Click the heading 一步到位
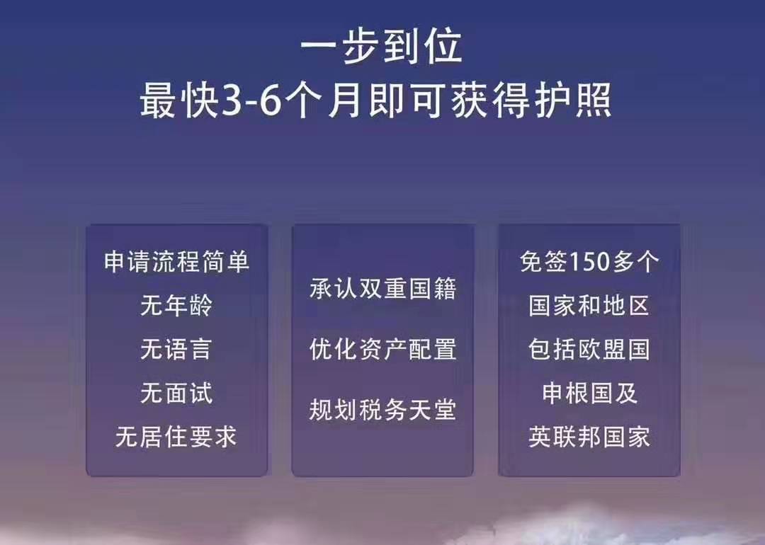(x=382, y=47)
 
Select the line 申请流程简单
(x=176, y=263)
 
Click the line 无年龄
(x=176, y=306)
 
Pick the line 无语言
(x=176, y=350)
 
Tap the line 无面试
(x=176, y=393)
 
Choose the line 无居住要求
(x=176, y=437)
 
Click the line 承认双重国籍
(x=382, y=289)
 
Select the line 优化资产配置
(x=382, y=350)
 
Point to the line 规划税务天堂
(x=382, y=410)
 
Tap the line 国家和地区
(x=589, y=306)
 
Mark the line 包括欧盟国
(x=589, y=350)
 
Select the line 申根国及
(x=589, y=393)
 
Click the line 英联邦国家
(x=589, y=437)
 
